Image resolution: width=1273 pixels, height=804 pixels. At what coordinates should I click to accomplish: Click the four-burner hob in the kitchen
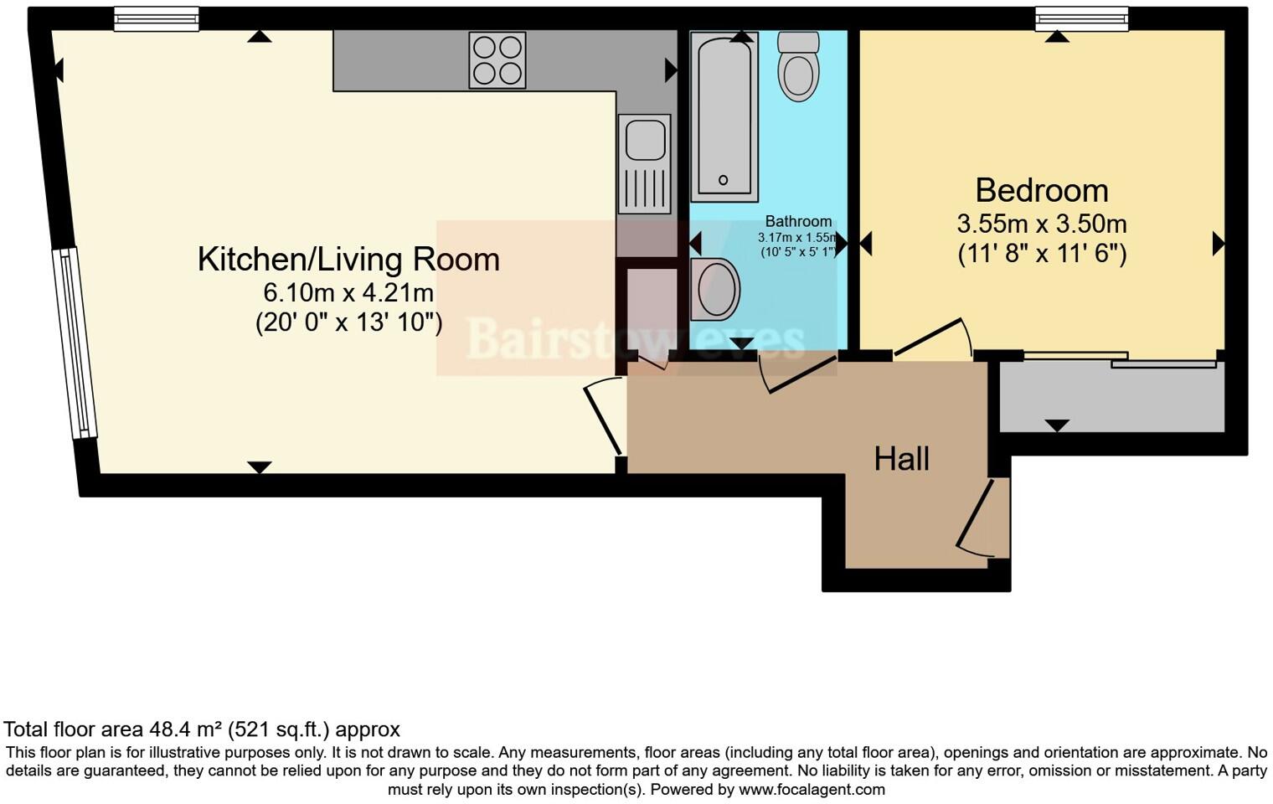pyautogui.click(x=497, y=59)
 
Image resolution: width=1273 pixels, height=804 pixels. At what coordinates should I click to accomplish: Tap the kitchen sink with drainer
pyautogui.click(x=644, y=163)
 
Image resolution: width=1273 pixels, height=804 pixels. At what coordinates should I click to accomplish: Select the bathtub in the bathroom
pyautogui.click(x=724, y=116)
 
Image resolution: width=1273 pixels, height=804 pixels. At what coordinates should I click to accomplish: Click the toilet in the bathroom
pyautogui.click(x=798, y=67)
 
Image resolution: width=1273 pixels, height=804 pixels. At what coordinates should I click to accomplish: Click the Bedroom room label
pyautogui.click(x=1041, y=190)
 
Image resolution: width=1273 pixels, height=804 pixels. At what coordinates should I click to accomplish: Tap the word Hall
pyautogui.click(x=901, y=458)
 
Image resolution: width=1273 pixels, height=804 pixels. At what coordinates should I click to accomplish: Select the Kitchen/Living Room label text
pyautogui.click(x=348, y=259)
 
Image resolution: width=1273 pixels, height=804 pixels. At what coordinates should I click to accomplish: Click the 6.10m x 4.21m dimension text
pyautogui.click(x=348, y=293)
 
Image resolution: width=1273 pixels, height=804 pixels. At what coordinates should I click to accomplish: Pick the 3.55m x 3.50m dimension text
pyautogui.click(x=1041, y=224)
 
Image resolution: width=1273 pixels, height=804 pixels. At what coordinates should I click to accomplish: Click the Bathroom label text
pyautogui.click(x=798, y=222)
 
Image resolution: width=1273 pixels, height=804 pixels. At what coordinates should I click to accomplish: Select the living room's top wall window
pyautogui.click(x=157, y=18)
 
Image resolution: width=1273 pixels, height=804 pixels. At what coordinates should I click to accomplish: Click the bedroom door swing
pyautogui.click(x=932, y=339)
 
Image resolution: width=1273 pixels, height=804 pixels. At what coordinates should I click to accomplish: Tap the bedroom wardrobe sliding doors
pyautogui.click(x=1121, y=359)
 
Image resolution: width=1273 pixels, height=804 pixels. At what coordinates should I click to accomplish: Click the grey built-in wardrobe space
pyautogui.click(x=1111, y=398)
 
